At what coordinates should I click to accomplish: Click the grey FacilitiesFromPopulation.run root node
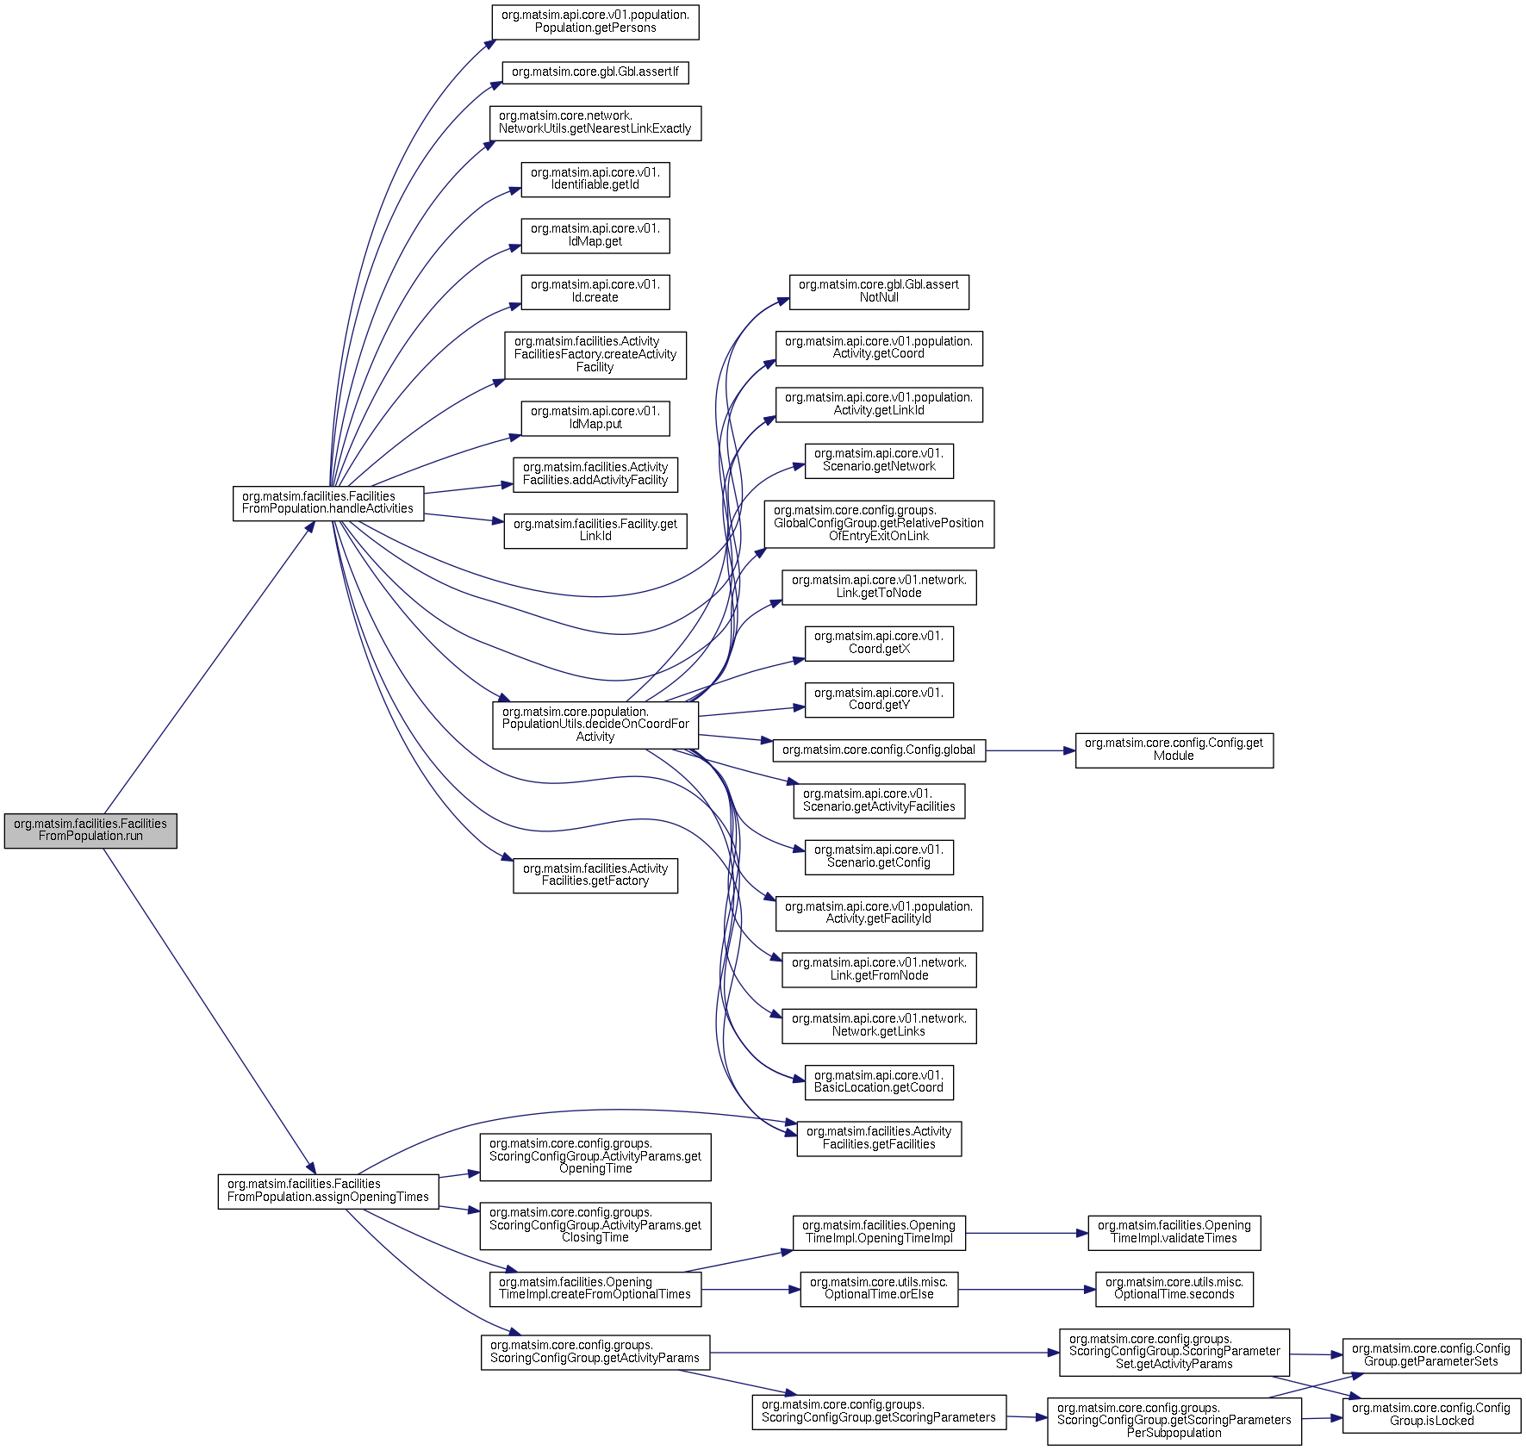click(90, 831)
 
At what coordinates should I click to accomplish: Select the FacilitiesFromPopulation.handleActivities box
click(328, 503)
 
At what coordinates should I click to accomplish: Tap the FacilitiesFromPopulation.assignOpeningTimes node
click(328, 1192)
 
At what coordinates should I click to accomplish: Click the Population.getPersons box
click(595, 22)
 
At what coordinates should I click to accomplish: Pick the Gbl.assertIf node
click(595, 72)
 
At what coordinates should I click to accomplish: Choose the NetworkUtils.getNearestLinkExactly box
click(595, 123)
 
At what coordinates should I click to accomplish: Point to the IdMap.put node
click(595, 419)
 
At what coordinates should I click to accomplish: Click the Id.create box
click(595, 292)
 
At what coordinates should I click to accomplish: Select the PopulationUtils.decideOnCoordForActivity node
click(595, 725)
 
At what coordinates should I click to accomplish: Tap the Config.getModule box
click(1174, 750)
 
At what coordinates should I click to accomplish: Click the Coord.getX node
click(879, 644)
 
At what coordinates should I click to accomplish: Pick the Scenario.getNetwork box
click(879, 461)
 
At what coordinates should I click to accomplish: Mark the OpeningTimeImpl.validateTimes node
click(1174, 1233)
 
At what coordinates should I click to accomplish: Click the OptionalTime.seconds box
click(1174, 1289)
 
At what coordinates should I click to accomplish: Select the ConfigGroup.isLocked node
click(1431, 1416)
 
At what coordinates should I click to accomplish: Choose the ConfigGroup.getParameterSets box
click(1431, 1356)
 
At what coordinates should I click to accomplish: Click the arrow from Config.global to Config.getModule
click(1031, 750)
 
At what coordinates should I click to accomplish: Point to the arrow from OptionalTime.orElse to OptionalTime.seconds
click(1027, 1290)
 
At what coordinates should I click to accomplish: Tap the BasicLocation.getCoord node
click(879, 1082)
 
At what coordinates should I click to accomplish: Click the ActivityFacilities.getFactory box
click(595, 875)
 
